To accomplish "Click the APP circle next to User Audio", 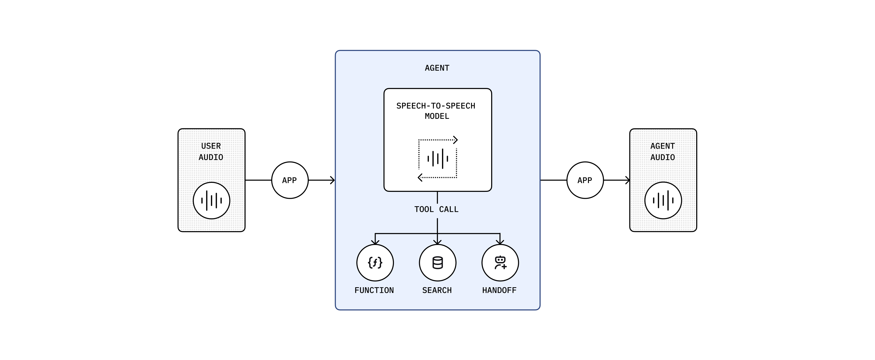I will click(x=290, y=180).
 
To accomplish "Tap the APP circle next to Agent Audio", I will click(x=585, y=180).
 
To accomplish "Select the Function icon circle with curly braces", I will click(x=375, y=263).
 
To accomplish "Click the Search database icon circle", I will click(x=437, y=263).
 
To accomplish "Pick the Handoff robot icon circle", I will click(x=500, y=263).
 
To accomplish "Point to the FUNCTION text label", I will click(x=374, y=290).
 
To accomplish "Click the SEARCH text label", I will click(x=437, y=290).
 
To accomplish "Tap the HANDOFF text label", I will click(x=499, y=290).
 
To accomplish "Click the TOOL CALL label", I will click(x=437, y=209).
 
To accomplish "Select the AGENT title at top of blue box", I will click(x=437, y=68).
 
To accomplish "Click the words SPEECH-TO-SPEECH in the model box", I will click(x=436, y=106).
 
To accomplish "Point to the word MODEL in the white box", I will click(x=437, y=116).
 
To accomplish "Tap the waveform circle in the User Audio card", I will click(x=211, y=200).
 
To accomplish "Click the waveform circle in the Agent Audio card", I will click(x=663, y=200).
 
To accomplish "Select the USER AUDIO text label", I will click(x=211, y=151).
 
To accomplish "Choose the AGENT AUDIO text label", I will click(x=663, y=151).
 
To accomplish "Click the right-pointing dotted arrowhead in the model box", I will click(x=455, y=140).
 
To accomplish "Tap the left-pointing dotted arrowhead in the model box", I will click(x=420, y=177).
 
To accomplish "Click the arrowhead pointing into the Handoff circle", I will click(x=500, y=242).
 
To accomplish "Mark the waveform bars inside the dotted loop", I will click(x=437, y=159).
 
